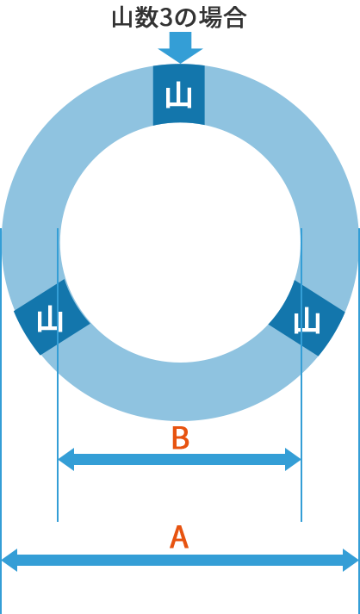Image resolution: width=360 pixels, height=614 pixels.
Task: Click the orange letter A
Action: pyautogui.click(x=179, y=537)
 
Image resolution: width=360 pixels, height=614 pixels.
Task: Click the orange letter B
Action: pyautogui.click(x=181, y=437)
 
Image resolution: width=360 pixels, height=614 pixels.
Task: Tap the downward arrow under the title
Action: pyautogui.click(x=180, y=47)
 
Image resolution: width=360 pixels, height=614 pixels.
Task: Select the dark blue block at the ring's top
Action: pyautogui.click(x=178, y=95)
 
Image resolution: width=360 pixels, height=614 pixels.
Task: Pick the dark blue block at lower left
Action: pyautogui.click(x=52, y=317)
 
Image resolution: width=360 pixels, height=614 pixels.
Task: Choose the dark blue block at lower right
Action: pyautogui.click(x=307, y=318)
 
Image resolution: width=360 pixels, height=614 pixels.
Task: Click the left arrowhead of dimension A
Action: pyautogui.click(x=9, y=560)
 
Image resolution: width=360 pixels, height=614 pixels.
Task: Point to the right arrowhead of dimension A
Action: pyautogui.click(x=351, y=560)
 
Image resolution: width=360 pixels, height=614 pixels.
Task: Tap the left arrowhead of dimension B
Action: pyautogui.click(x=65, y=459)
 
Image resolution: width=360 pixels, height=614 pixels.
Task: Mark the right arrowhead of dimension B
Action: pyautogui.click(x=293, y=459)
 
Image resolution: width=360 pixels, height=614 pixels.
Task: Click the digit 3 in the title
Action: pyautogui.click(x=160, y=18)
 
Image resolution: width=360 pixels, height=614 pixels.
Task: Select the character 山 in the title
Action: pyautogui.click(x=121, y=18)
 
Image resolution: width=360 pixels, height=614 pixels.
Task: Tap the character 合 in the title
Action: pyautogui.click(x=235, y=18)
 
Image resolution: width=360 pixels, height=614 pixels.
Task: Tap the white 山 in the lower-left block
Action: pyautogui.click(x=50, y=320)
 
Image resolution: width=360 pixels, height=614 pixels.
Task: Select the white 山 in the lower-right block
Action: pyautogui.click(x=308, y=321)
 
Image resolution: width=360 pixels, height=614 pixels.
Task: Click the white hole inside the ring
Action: pyautogui.click(x=180, y=243)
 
